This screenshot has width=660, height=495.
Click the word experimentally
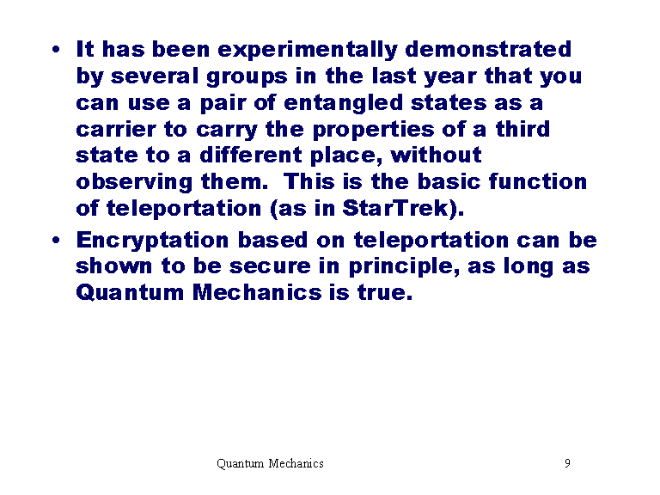click(308, 51)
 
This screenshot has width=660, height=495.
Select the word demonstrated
click(488, 49)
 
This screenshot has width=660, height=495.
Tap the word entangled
click(344, 103)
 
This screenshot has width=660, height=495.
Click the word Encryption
click(152, 241)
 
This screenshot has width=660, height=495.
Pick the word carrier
click(116, 129)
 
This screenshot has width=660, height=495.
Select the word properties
click(373, 130)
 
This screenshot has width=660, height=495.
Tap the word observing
click(134, 183)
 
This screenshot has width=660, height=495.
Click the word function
click(538, 181)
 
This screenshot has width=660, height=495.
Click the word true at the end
click(382, 292)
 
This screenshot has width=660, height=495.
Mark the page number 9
click(567, 463)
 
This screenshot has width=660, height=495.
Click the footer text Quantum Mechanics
click(270, 463)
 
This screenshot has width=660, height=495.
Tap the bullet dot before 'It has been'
click(56, 50)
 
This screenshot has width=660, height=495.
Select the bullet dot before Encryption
click(56, 241)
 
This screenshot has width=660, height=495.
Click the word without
click(436, 155)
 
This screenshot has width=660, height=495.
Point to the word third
click(522, 129)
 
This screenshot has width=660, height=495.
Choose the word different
click(251, 155)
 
